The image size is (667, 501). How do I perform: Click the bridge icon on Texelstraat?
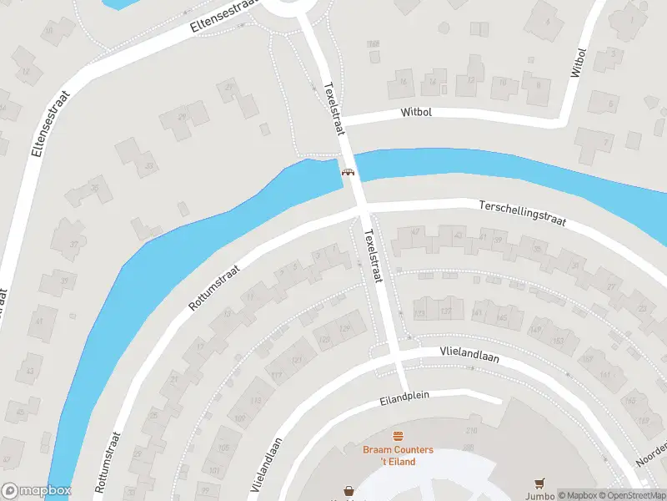348,173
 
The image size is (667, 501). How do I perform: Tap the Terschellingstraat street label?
523,212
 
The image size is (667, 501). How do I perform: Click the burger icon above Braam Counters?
399,437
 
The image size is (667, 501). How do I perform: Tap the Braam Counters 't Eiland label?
398,456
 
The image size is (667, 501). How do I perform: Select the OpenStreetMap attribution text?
631,494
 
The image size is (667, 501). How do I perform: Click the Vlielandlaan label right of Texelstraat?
469,355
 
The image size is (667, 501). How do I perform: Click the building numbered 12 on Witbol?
472,80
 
